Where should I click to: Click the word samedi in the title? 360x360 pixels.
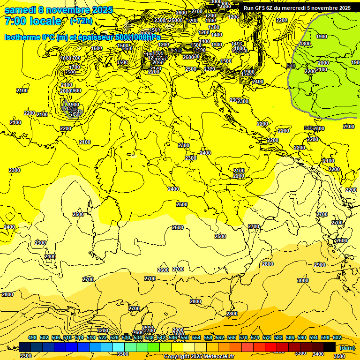(x=19, y=10)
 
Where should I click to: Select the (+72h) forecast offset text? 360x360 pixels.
(x=81, y=21)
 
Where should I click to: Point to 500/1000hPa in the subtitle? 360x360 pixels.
(x=139, y=37)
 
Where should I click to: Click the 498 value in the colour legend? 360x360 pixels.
(x=32, y=338)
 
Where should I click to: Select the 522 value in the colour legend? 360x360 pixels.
(x=103, y=338)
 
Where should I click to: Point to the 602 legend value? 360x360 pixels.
(x=337, y=338)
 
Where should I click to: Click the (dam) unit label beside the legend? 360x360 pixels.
(x=347, y=348)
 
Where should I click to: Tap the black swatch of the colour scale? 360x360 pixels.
(x=330, y=347)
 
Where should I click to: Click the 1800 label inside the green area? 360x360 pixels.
(x=305, y=44)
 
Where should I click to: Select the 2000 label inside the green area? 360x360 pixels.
(x=323, y=63)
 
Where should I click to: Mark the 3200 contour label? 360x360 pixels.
(x=103, y=330)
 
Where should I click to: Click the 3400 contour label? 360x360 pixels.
(x=318, y=354)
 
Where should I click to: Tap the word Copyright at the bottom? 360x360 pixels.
(x=177, y=357)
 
